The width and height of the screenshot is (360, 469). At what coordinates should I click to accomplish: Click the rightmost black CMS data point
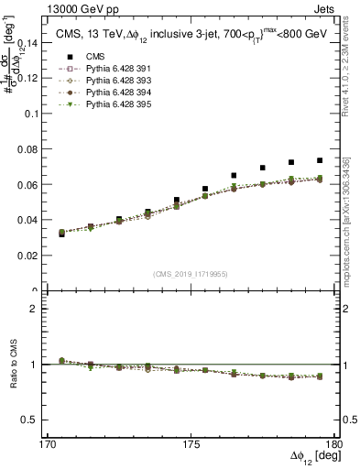coord(319,160)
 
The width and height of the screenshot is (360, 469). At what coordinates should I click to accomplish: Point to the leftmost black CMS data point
coord(61,234)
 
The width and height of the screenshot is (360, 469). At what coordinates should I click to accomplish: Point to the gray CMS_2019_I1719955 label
coord(191,273)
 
